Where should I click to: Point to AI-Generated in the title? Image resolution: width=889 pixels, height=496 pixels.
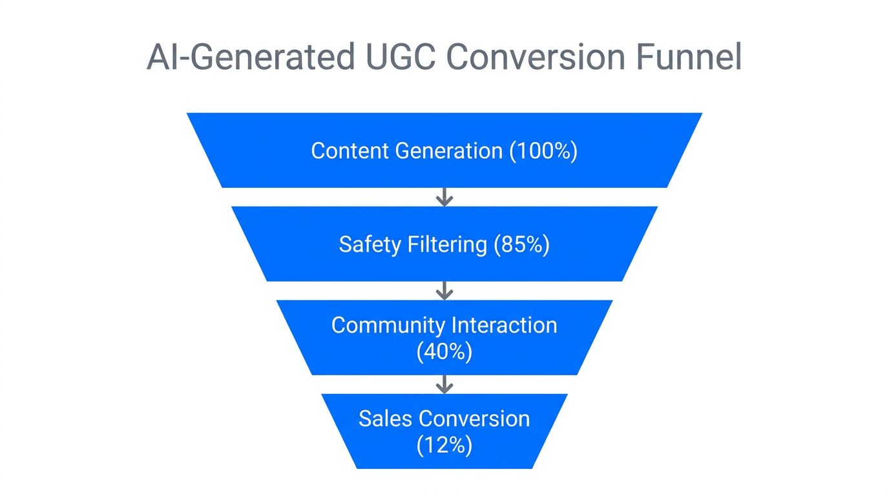pos(251,58)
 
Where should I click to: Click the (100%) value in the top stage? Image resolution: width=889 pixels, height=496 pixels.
pos(543,151)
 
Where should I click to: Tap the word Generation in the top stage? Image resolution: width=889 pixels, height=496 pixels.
pos(448,151)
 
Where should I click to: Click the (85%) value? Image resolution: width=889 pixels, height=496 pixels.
pos(521,245)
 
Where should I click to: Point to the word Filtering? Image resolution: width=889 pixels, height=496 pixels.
pos(447,245)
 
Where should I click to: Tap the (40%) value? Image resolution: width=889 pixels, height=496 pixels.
pos(444,352)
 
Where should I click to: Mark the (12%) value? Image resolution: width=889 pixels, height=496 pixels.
pos(444,446)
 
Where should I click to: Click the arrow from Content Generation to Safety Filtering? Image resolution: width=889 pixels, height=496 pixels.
pos(444,197)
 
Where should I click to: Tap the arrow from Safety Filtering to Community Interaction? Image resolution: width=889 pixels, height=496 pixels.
pos(444,291)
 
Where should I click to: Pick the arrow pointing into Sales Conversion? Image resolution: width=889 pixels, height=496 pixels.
pos(444,384)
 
